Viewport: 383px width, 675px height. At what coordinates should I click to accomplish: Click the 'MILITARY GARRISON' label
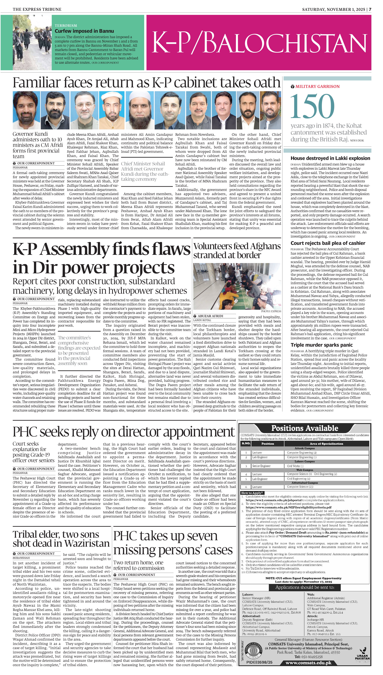point(317,87)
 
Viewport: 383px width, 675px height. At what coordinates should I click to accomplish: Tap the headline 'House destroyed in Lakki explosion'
point(330,158)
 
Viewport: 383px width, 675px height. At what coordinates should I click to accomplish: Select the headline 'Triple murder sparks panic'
point(321,345)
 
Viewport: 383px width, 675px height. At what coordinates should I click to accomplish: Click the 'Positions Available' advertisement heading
point(305,428)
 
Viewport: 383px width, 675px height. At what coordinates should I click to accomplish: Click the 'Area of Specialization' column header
point(326,444)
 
